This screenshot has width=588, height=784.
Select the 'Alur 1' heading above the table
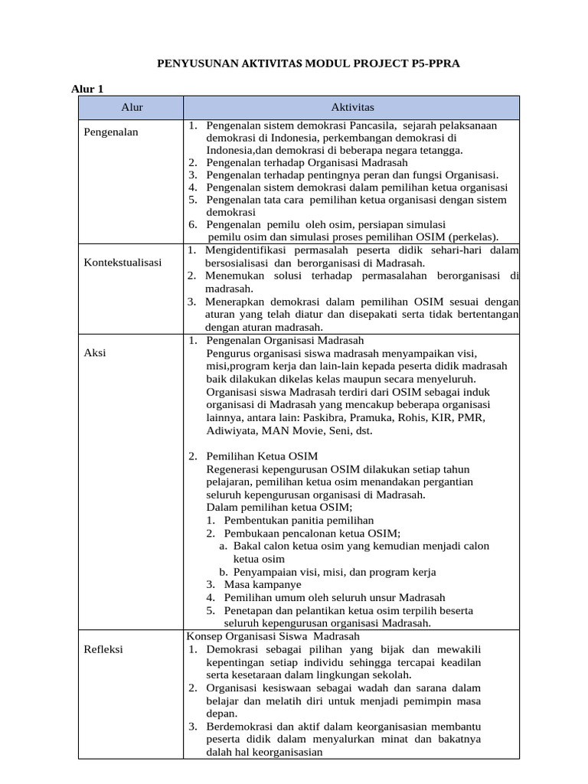click(87, 90)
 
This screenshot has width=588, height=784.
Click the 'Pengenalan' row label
click(111, 132)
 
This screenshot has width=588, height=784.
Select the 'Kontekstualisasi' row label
click(122, 262)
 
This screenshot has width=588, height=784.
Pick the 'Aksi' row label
click(95, 352)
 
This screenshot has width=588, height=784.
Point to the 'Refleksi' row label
click(103, 649)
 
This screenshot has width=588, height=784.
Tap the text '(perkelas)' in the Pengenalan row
click(473, 236)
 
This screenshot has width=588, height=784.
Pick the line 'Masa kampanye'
click(263, 583)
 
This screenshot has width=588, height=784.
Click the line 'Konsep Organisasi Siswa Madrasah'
click(273, 636)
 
